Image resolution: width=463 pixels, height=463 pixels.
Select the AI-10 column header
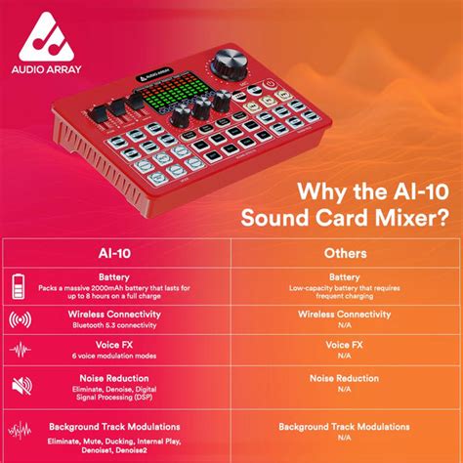tap(116, 252)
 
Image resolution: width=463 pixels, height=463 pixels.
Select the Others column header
tap(346, 252)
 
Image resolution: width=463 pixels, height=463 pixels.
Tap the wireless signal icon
tap(20, 319)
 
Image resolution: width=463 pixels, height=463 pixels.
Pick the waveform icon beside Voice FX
tap(20, 351)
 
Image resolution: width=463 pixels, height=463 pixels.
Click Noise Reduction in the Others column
tap(344, 378)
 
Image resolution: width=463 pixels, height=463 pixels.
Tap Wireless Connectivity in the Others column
tap(344, 314)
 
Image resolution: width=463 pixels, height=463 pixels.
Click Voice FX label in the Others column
tap(344, 346)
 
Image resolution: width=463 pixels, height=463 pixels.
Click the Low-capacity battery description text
tap(344, 290)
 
